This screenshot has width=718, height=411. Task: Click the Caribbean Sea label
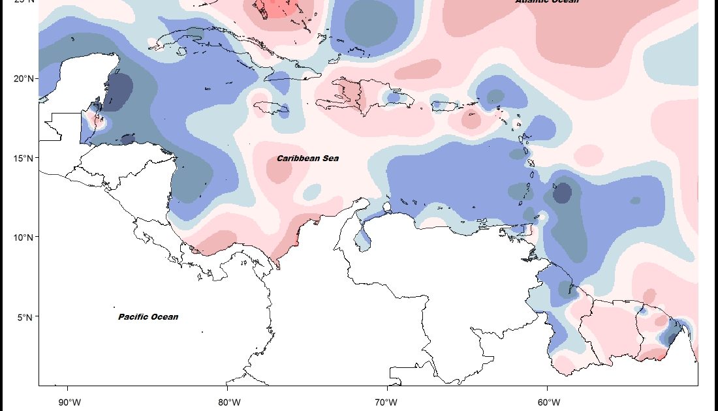pos(307,159)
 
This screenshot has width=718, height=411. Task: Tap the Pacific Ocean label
pos(148,317)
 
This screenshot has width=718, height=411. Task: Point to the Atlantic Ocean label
pos(547,1)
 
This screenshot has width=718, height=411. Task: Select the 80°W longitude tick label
pos(226,401)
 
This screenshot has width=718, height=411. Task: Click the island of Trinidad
pos(540,217)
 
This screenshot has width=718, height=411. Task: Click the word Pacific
pos(133,317)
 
